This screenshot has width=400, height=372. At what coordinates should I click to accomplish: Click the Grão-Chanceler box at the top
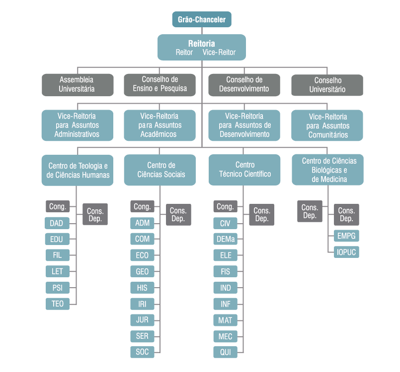[202, 20]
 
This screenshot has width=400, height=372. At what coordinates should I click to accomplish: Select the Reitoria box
[202, 47]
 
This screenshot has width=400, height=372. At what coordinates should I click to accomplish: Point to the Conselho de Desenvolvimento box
[244, 84]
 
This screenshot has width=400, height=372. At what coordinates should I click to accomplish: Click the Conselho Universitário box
[327, 85]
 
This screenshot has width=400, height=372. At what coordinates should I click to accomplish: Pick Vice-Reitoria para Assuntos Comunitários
[327, 124]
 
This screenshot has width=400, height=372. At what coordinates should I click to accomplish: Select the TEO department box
[58, 304]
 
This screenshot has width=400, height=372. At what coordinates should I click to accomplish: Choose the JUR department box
[142, 320]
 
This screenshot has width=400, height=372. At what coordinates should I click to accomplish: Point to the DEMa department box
[226, 239]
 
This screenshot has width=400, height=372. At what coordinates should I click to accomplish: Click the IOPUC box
[346, 252]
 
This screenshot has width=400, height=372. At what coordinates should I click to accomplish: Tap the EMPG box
[346, 236]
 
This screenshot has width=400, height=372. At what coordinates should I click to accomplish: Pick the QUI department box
[226, 352]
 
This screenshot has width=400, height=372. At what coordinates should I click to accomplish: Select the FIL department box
[58, 255]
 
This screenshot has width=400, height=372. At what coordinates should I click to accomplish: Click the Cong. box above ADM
[142, 207]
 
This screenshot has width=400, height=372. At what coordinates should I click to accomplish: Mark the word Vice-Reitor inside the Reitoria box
[219, 53]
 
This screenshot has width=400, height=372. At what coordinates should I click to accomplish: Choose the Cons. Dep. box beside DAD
[95, 215]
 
